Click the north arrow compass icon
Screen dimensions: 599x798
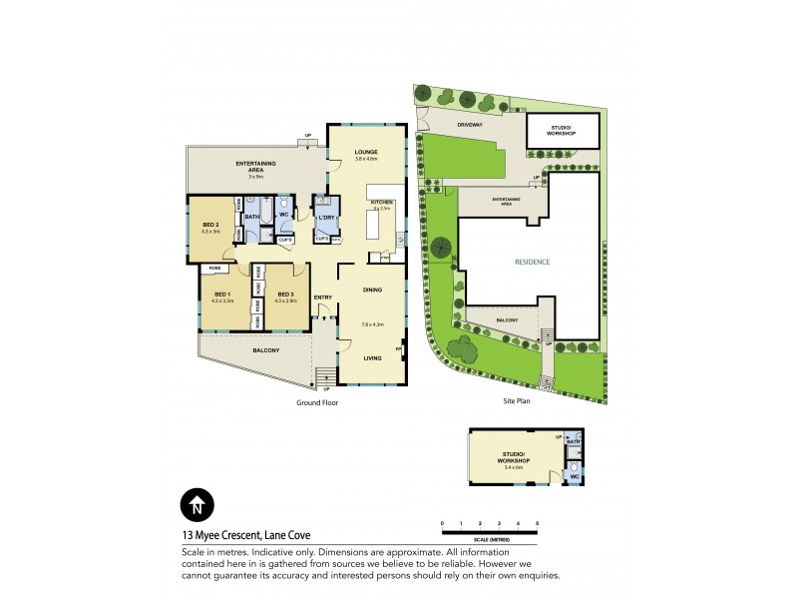[x=197, y=505]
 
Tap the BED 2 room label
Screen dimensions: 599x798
[x=210, y=225]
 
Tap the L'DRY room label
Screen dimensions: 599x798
[x=325, y=218]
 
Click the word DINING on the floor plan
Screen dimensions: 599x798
[x=372, y=290]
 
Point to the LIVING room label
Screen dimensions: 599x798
[x=372, y=358]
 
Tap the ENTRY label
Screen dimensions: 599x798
[x=322, y=298]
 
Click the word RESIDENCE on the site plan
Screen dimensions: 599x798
[x=532, y=263]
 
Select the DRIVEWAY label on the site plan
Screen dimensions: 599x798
[x=470, y=125]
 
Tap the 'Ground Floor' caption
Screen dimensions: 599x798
[x=319, y=402]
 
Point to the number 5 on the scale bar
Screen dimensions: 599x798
[x=537, y=523]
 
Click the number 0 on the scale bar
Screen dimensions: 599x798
[x=443, y=523]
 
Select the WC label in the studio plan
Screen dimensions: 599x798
[x=574, y=477]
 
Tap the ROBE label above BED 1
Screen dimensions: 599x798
[x=213, y=270]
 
